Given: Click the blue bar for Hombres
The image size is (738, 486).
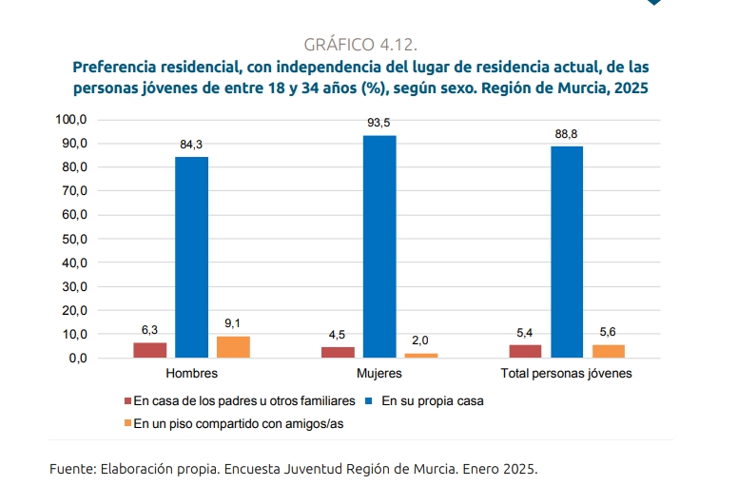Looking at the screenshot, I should (191, 257).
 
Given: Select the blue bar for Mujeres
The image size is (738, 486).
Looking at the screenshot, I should (379, 246).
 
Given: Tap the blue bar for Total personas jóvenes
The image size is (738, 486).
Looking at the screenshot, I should (567, 252).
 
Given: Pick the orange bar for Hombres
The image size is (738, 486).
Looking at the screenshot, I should (233, 347).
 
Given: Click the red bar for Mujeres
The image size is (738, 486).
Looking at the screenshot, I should (338, 352).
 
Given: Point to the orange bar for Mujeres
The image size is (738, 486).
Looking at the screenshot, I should (421, 355).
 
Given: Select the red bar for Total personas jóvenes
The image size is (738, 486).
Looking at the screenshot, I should (525, 351).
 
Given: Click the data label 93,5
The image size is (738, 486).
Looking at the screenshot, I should (379, 124).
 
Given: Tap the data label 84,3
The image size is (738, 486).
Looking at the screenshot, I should (191, 145).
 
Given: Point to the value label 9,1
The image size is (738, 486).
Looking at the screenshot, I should (233, 324).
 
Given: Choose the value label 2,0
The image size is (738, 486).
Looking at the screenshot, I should (421, 340).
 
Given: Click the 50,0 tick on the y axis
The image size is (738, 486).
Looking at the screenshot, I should (73, 239).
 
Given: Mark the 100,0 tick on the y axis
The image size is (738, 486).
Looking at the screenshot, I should (71, 120).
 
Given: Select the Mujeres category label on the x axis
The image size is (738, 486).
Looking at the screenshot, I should (379, 374).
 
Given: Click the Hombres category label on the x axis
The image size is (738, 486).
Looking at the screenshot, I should (191, 374).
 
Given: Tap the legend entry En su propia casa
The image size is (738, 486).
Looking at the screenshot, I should (433, 401).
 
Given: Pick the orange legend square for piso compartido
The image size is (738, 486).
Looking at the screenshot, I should (127, 424).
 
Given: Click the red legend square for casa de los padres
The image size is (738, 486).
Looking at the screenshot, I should (127, 401).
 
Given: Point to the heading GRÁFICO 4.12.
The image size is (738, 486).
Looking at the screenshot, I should (360, 45).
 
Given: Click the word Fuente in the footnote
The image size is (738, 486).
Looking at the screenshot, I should (71, 469).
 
